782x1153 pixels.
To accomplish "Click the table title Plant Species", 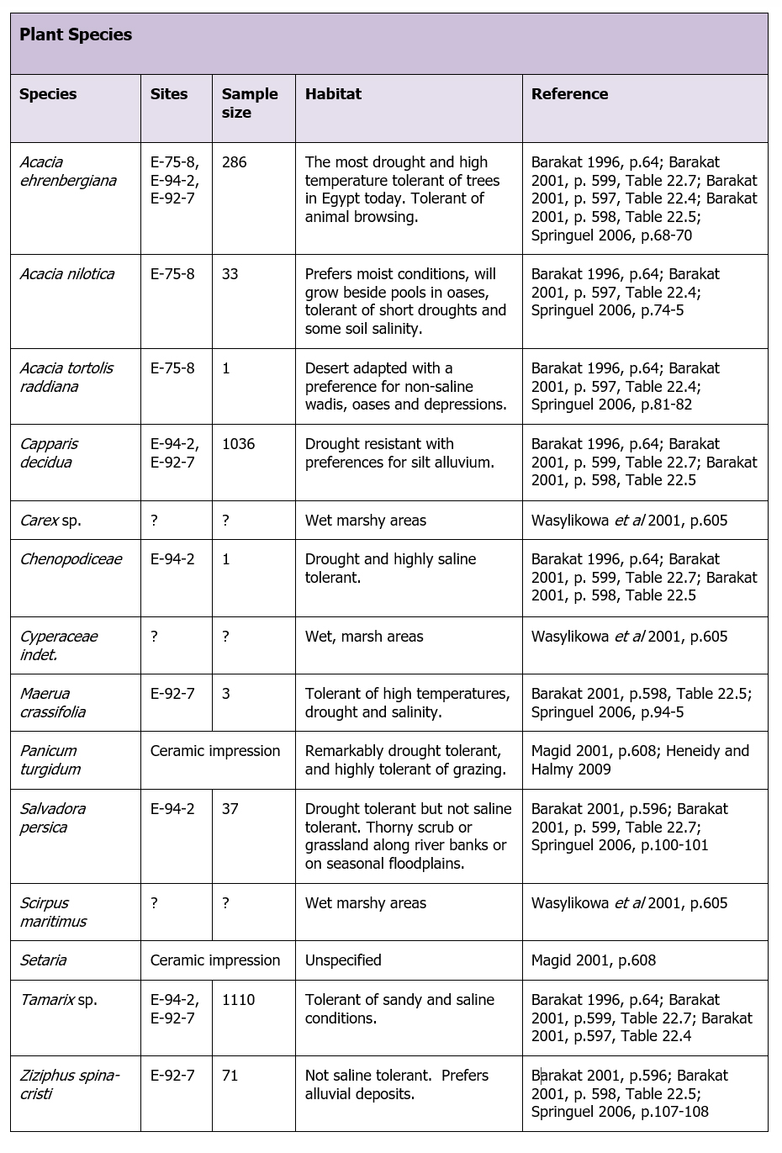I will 76,34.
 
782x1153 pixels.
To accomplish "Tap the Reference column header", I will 569,94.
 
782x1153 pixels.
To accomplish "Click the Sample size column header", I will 250,103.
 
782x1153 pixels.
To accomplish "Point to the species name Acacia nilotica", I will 67,274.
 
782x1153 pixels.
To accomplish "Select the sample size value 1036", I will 238,444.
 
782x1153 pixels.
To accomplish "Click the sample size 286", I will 235,162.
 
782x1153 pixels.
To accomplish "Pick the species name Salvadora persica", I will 53,817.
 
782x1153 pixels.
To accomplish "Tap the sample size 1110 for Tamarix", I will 239,1000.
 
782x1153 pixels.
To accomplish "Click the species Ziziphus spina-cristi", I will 70,1084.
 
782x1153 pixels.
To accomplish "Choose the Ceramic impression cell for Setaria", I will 215,960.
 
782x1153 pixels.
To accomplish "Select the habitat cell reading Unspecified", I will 343,960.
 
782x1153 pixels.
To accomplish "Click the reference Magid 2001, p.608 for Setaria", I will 594,960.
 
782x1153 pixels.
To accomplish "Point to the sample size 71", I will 230,1076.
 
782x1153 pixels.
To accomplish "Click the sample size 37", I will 230,809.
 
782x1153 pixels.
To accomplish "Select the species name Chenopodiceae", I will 71,559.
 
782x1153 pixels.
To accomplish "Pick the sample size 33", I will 230,274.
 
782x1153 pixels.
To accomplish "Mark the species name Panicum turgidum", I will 50,759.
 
